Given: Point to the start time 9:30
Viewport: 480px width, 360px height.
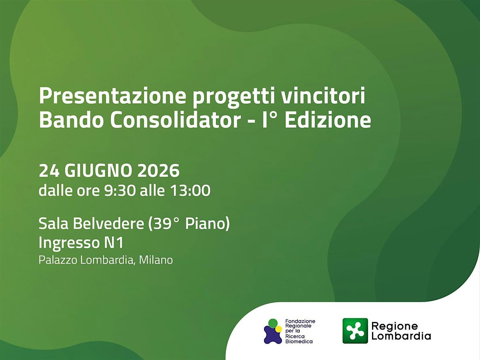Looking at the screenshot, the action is point(120,190).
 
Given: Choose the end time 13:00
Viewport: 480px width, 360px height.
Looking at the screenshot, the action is point(190,190).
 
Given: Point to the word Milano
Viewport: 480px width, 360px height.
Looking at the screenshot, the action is point(156,260).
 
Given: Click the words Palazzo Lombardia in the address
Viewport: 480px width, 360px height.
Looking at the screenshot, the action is point(86,260).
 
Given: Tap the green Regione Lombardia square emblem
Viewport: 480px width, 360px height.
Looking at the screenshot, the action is point(355,331).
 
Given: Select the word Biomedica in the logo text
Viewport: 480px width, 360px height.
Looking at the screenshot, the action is point(299,342).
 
